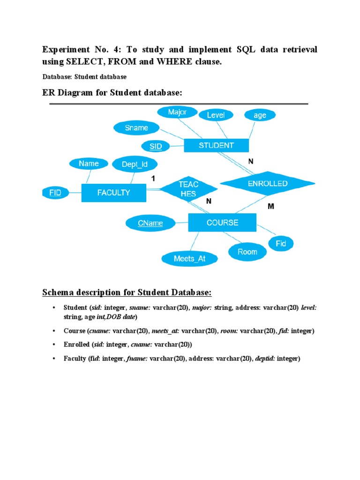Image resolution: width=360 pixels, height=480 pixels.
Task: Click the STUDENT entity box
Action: pyautogui.click(x=216, y=145)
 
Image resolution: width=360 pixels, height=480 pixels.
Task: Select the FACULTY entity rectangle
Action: pyautogui.click(x=114, y=192)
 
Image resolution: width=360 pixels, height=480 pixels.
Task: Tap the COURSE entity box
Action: pyautogui.click(x=222, y=223)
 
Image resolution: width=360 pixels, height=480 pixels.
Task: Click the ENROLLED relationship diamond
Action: pyautogui.click(x=267, y=184)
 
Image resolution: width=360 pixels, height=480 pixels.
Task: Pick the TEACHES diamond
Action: pyautogui.click(x=188, y=189)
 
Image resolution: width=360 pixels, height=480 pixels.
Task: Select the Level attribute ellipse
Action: pyautogui.click(x=216, y=115)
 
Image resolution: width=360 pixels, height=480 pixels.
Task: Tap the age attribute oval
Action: pyautogui.click(x=260, y=115)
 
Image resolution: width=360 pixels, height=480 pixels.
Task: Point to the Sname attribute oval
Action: pyautogui.click(x=136, y=127)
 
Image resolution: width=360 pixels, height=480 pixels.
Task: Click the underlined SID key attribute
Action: pyautogui.click(x=156, y=146)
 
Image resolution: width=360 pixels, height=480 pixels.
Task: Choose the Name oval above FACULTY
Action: pyautogui.click(x=89, y=164)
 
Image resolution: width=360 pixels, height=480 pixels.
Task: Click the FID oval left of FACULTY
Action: pyautogui.click(x=55, y=192)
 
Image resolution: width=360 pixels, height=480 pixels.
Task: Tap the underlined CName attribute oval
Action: pyautogui.click(x=150, y=223)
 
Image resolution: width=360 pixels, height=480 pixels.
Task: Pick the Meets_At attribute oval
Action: pyautogui.click(x=189, y=258)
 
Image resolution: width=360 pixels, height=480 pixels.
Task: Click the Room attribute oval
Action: pyautogui.click(x=247, y=252)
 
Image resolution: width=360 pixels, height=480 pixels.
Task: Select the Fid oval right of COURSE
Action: pyautogui.click(x=281, y=243)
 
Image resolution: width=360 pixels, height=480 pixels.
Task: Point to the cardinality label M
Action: pyautogui.click(x=270, y=206)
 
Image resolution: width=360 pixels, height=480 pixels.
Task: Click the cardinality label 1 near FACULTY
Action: pyautogui.click(x=153, y=179)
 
